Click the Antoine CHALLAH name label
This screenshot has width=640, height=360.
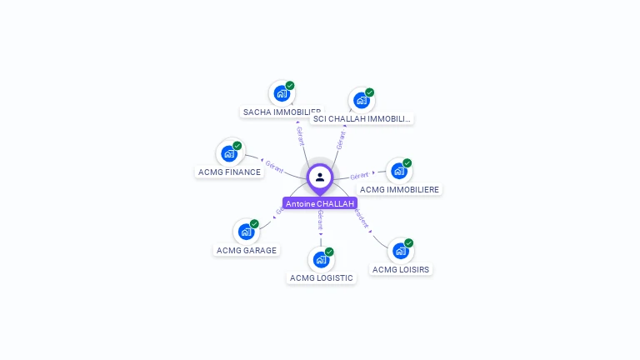pos(320,203)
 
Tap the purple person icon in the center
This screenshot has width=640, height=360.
pos(320,177)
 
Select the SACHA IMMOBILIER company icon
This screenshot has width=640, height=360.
pos(281,94)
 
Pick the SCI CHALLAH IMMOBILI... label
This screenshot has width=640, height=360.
pos(362,118)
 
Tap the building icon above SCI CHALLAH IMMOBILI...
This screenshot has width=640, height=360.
pos(361,101)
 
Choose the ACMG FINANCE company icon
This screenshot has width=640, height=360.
pos(229,154)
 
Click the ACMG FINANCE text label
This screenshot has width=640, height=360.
pos(229,172)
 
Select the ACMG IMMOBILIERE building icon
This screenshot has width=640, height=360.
pos(398,172)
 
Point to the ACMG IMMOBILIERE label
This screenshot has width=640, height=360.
pos(400,189)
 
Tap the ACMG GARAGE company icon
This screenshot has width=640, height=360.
pos(246,232)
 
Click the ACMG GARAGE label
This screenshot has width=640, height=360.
pos(247,250)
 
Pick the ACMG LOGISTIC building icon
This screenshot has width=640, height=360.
pos(321,260)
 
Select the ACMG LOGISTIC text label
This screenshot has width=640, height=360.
pos(322,277)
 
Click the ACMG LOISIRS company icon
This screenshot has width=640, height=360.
pos(401,251)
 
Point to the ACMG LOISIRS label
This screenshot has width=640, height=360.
pos(401,269)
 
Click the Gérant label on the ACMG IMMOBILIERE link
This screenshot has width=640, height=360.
pos(359,176)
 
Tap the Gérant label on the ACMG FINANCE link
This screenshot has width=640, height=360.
pos(274,165)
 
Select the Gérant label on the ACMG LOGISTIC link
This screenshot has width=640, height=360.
pos(320,220)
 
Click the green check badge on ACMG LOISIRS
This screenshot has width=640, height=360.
pos(408,243)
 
